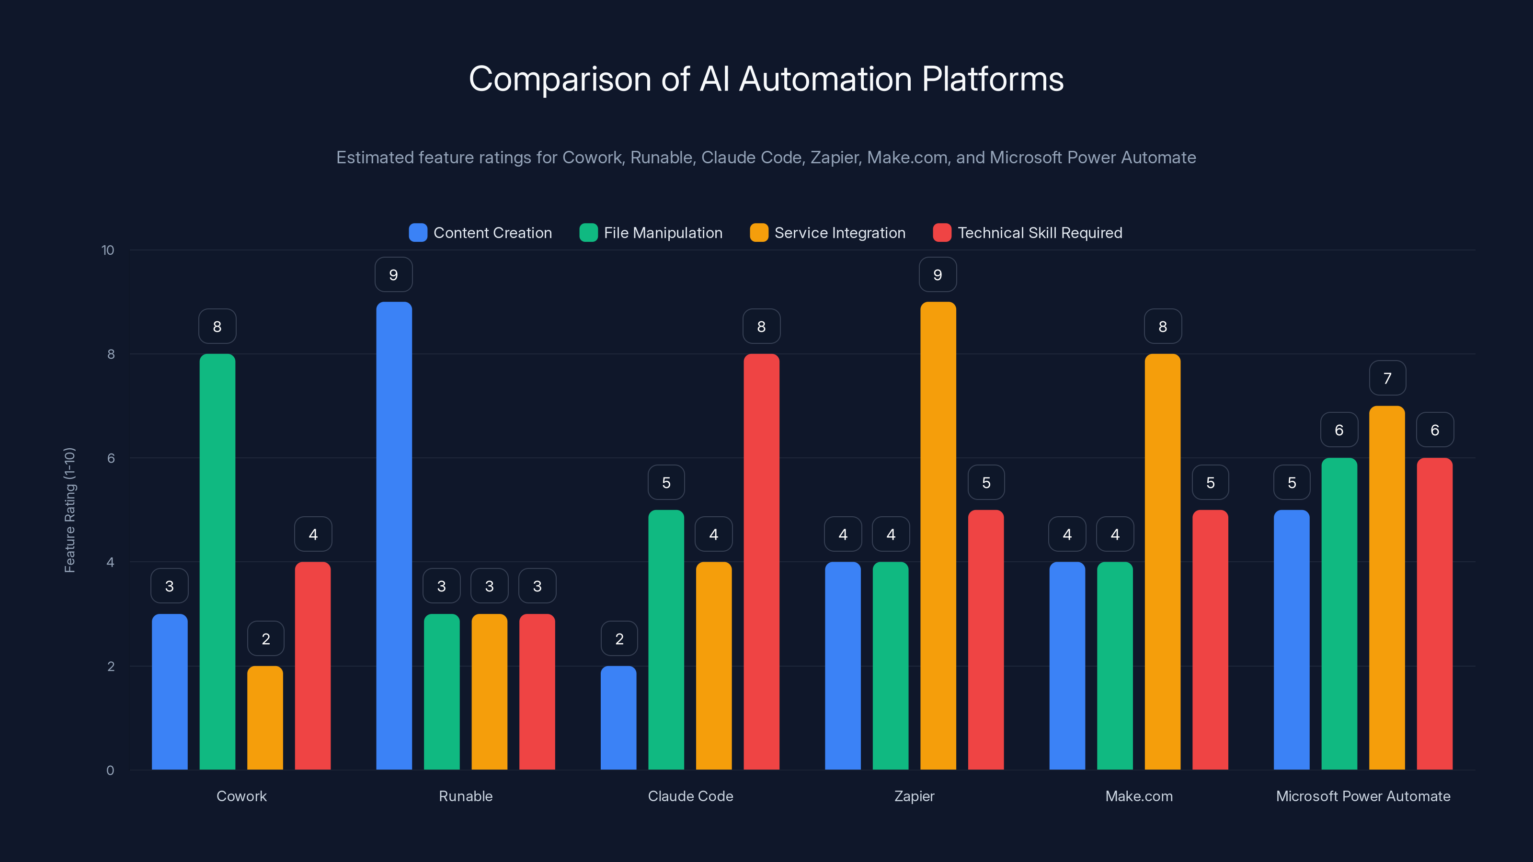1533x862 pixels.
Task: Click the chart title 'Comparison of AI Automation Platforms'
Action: [766, 79]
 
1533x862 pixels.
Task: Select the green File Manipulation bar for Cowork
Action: [217, 562]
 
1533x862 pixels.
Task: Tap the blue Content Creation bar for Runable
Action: [394, 535]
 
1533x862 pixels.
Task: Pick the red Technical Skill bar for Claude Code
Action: [761, 562]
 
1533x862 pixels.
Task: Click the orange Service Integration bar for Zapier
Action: [938, 535]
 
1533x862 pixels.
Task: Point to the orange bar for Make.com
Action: [1162, 562]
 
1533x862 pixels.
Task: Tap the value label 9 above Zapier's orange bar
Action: [938, 275]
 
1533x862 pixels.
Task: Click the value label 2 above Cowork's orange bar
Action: [265, 639]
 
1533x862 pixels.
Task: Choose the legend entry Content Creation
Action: [492, 233]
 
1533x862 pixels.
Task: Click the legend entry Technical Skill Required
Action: [1039, 233]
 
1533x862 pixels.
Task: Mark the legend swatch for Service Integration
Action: [759, 233]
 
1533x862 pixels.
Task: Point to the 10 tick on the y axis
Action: [108, 250]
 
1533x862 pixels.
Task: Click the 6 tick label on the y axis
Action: [111, 458]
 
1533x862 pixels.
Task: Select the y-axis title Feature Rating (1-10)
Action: [69, 510]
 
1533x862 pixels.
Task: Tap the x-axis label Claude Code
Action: [690, 796]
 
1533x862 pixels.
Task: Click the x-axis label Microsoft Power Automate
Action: [1363, 796]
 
